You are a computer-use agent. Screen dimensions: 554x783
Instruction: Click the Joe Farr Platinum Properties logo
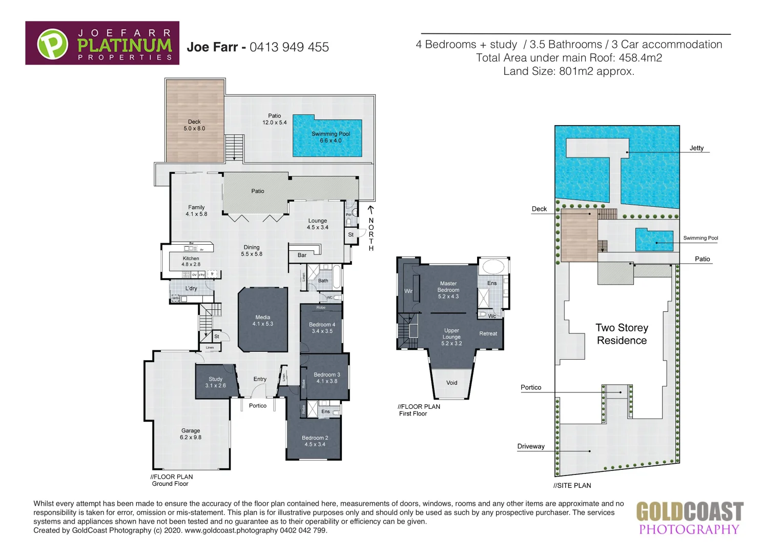(x=102, y=43)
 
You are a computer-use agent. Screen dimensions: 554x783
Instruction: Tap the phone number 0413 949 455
(x=289, y=47)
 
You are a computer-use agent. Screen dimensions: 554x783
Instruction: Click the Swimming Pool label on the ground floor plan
(x=331, y=137)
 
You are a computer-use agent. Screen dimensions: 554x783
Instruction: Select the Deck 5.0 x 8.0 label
(x=194, y=125)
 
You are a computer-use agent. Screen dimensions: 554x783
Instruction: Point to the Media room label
(x=263, y=321)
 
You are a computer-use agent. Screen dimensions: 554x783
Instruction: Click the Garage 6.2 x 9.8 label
(x=191, y=434)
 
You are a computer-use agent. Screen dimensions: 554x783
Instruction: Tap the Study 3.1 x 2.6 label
(x=215, y=382)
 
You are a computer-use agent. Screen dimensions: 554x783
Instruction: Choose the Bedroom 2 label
(x=315, y=441)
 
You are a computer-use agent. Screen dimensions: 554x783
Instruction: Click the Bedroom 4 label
(x=322, y=328)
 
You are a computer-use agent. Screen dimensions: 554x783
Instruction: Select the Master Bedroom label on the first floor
(x=448, y=290)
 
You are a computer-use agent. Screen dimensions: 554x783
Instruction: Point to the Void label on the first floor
(x=451, y=383)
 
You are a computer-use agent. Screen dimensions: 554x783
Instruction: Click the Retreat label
(x=488, y=333)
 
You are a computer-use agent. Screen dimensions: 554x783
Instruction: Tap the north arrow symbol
(x=371, y=210)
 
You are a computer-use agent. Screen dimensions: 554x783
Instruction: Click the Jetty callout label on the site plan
(x=696, y=148)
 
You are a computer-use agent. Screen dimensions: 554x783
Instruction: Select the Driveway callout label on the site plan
(x=531, y=446)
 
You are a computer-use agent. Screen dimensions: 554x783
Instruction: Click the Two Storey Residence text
(x=622, y=334)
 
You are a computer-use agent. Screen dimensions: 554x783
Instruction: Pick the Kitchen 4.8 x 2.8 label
(x=191, y=262)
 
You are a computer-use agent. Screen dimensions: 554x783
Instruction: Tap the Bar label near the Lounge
(x=302, y=255)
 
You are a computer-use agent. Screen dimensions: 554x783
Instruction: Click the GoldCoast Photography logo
(x=689, y=518)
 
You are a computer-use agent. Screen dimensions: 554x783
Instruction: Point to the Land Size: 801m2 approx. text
(x=569, y=71)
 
